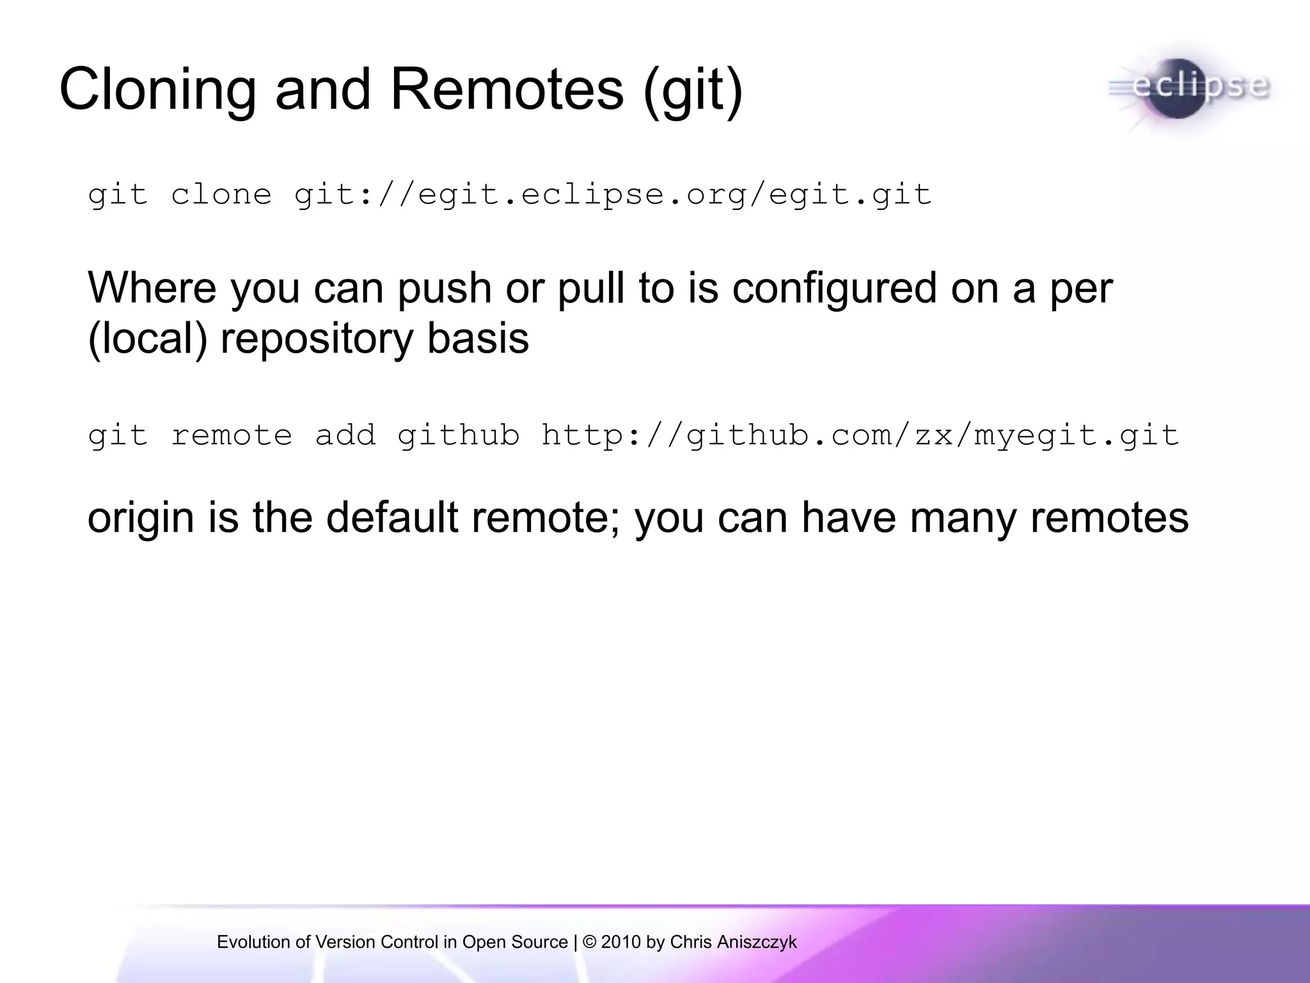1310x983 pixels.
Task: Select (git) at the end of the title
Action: (x=693, y=91)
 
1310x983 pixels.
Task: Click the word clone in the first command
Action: (x=221, y=195)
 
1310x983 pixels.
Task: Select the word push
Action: (x=444, y=289)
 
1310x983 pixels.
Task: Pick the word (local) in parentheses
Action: (x=147, y=339)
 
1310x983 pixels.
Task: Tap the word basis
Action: (x=478, y=339)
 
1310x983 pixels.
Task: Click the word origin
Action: (x=140, y=518)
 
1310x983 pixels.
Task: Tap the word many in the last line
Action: (x=963, y=518)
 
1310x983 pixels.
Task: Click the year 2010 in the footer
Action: (x=620, y=942)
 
